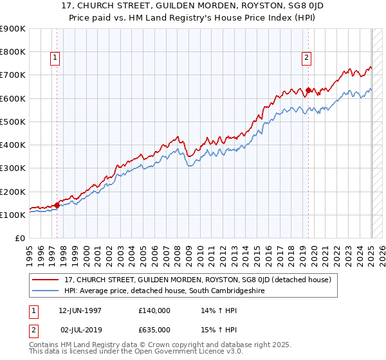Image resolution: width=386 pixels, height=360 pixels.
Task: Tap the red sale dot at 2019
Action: pyautogui.click(x=308, y=90)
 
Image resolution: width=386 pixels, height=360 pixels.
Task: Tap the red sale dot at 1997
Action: pyautogui.click(x=57, y=206)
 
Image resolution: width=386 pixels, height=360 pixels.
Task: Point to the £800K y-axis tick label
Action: pyautogui.click(x=13, y=51)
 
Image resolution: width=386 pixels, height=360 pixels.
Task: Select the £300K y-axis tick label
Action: pyautogui.click(x=13, y=168)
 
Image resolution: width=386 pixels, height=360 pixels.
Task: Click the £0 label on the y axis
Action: pyautogui.click(x=19, y=239)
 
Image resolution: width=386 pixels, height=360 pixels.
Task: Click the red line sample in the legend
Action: pyautogui.click(x=46, y=280)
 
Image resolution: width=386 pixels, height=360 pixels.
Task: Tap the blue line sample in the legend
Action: pyautogui.click(x=46, y=291)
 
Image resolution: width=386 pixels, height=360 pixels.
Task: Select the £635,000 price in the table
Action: pyautogui.click(x=154, y=330)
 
